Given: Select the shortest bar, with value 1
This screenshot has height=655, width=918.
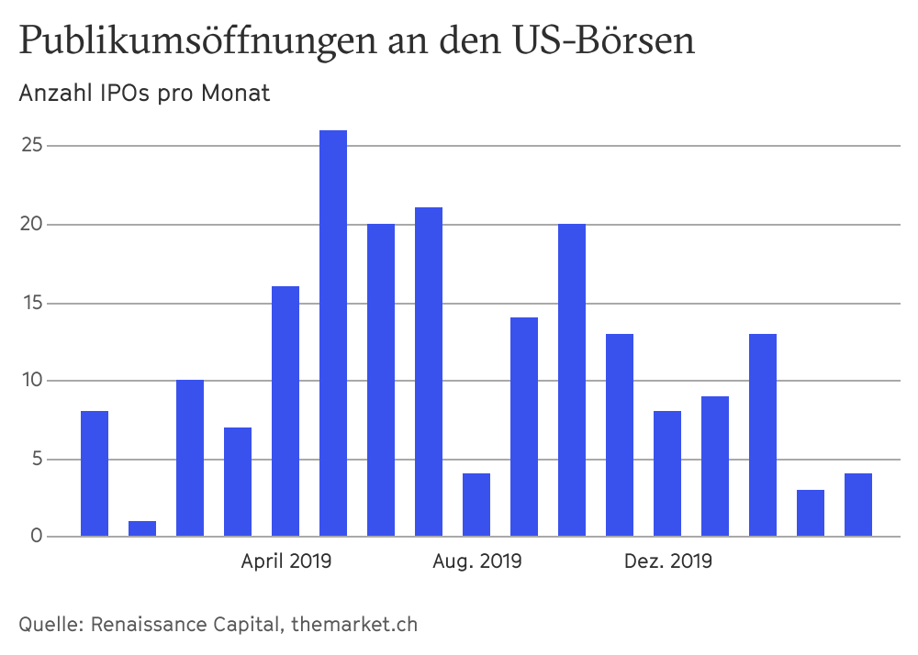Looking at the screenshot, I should click(142, 528).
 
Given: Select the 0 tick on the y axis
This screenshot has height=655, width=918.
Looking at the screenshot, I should click(36, 537).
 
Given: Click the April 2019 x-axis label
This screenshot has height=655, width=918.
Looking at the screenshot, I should click(286, 561).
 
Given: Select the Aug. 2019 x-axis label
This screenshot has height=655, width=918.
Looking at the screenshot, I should click(477, 561).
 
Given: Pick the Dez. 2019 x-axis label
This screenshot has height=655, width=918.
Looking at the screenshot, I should click(667, 561).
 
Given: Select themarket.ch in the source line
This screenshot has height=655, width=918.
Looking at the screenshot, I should click(354, 625).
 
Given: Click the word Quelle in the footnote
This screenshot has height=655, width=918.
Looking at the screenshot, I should click(49, 625).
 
